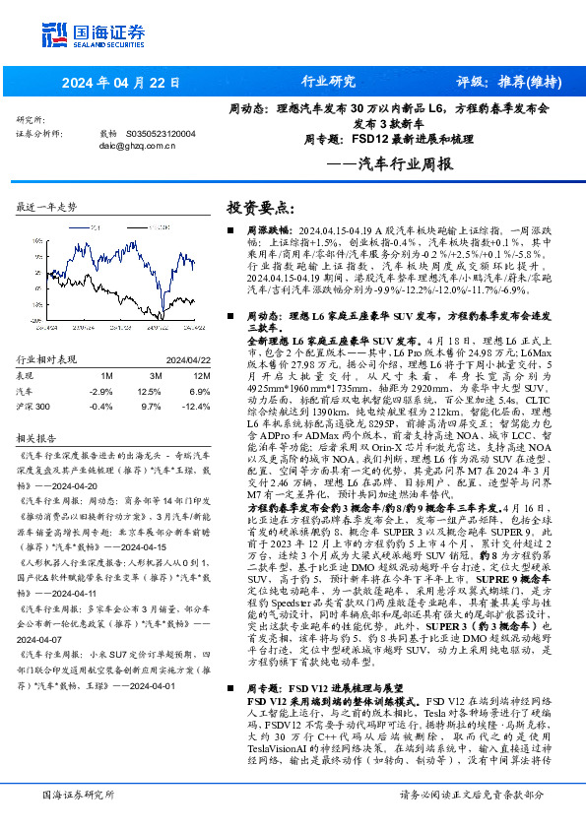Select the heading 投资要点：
pyautogui.click(x=261, y=208)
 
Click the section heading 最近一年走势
pyautogui.click(x=47, y=208)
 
